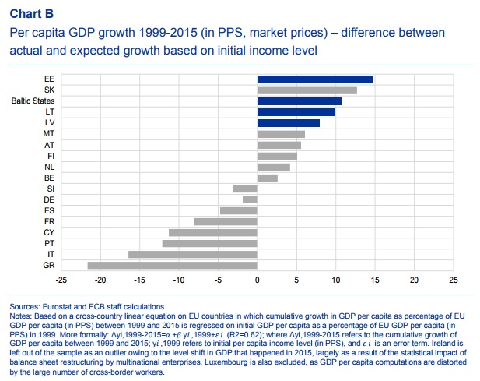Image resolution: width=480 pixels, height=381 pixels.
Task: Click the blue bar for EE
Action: pos(315,79)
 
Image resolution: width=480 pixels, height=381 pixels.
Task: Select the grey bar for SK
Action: pos(307,90)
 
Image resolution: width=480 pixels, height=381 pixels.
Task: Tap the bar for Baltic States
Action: pos(300,101)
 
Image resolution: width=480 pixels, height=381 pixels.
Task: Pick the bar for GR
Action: pos(172,265)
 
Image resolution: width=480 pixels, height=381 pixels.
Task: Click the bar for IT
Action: pos(192,254)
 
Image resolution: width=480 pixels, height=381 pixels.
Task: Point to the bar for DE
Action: pos(250,199)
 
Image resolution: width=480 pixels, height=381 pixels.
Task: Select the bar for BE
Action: pos(267,178)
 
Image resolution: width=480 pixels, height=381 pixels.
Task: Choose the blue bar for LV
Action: pos(289,123)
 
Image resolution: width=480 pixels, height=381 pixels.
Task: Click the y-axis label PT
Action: pos(48,243)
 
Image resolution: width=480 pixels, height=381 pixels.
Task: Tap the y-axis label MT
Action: pos(48,134)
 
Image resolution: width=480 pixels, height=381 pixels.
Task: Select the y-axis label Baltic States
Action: pos(32,101)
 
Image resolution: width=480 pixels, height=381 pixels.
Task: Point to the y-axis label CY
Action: pos(48,232)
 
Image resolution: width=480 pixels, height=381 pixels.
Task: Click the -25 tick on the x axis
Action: pos(61,280)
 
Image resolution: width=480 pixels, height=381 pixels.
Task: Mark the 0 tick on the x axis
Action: pos(257,280)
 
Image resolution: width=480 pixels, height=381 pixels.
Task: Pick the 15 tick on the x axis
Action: pos(375,280)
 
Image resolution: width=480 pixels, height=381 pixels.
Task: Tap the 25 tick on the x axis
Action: pos(454,280)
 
